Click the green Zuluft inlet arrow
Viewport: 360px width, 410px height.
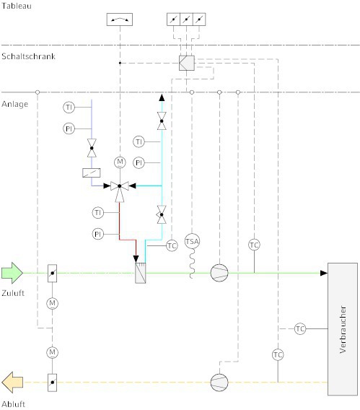point(12,273)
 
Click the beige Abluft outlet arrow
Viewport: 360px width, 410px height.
point(12,383)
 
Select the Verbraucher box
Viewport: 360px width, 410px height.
point(343,329)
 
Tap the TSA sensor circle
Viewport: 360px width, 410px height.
point(192,241)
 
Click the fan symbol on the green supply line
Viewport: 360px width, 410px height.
point(219,273)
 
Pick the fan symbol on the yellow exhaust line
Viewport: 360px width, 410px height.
point(219,383)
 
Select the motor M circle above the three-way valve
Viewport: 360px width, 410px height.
point(120,162)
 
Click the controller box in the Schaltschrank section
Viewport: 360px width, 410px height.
point(187,63)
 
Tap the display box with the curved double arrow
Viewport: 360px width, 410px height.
point(120,19)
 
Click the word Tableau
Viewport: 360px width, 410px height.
point(17,6)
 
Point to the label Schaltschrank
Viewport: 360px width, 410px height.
point(28,56)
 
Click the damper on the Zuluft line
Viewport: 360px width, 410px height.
point(52,274)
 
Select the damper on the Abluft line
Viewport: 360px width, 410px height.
point(52,383)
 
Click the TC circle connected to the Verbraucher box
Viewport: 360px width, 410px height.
point(300,328)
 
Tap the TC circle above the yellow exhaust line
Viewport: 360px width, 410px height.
point(278,355)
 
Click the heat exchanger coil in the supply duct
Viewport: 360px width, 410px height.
point(141,273)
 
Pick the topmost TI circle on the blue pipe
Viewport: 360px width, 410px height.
point(69,108)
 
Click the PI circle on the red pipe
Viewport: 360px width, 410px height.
point(98,234)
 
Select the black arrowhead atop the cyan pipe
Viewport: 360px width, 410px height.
point(162,97)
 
